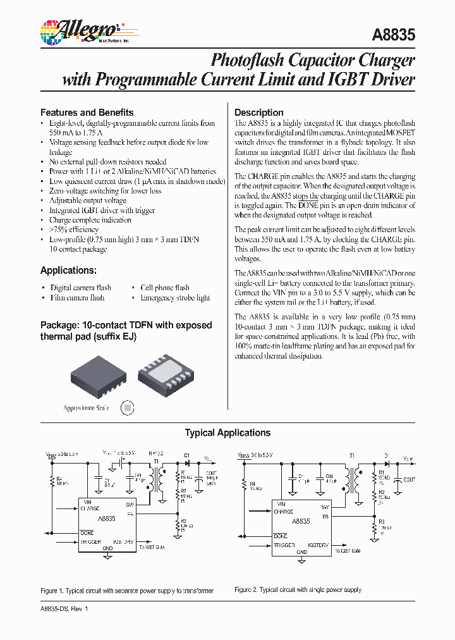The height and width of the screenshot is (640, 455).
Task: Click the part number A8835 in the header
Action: tap(394, 35)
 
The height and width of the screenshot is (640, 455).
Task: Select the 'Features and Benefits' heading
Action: tap(87, 112)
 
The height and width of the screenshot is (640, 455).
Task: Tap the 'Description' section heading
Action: tap(258, 112)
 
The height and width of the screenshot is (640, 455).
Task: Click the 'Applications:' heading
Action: tap(68, 270)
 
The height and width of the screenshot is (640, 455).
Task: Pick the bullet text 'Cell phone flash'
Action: tap(164, 288)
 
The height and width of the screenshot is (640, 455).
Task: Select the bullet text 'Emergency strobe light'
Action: tap(175, 298)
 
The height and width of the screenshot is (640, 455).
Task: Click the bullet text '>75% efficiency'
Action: tap(73, 230)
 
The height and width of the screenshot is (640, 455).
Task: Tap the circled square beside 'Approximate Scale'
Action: tap(128, 409)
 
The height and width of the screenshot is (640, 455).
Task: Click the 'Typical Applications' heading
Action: tap(227, 433)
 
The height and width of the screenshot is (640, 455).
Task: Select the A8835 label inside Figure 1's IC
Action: tap(107, 519)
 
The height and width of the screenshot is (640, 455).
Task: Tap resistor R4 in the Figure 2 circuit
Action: tap(244, 486)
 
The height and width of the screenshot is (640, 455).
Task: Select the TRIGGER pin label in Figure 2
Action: tap(284, 544)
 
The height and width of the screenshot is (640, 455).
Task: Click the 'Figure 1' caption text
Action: tap(126, 590)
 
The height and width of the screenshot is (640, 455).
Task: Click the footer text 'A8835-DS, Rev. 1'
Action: tap(64, 608)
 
